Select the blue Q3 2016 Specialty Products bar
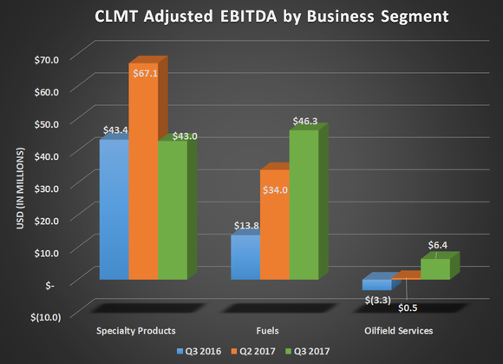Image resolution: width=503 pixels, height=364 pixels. tap(114, 208)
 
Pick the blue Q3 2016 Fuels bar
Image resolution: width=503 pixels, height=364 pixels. tap(245, 257)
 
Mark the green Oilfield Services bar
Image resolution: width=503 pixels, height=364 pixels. tap(435, 268)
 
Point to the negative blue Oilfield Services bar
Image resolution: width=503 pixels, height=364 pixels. tap(376, 284)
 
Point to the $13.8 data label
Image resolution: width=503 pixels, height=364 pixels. tap(247, 225)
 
